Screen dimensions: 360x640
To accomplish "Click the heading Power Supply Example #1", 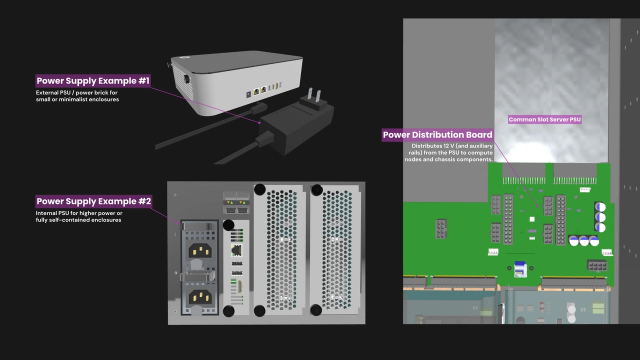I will [x=93, y=81].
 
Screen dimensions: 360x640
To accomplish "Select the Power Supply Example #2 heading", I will [x=93, y=201].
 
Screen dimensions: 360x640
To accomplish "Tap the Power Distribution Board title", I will [x=437, y=135].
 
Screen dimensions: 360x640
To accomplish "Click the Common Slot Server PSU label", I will [x=544, y=119].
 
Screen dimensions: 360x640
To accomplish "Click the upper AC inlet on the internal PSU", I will [x=199, y=249].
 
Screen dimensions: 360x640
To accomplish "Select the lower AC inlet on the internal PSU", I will [x=199, y=297].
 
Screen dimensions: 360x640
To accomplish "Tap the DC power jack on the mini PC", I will [x=248, y=94].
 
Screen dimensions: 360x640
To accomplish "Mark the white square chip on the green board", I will [x=532, y=219].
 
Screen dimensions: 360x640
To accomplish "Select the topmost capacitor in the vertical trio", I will [x=600, y=207].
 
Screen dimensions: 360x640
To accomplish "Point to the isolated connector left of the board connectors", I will [x=440, y=228].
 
